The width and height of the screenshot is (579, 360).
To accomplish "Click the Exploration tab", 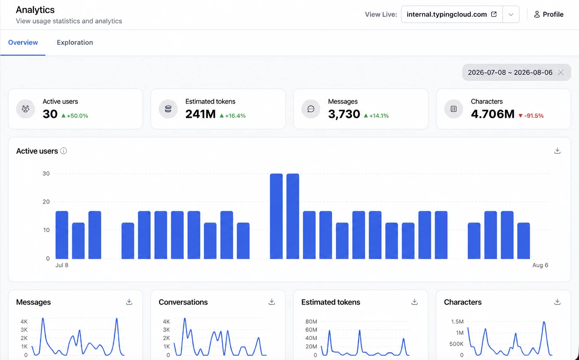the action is [x=75, y=42].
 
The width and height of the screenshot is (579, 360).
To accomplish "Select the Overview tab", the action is [x=23, y=42].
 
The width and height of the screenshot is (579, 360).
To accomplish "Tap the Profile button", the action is [x=549, y=14].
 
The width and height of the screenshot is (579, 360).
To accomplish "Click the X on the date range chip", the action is [x=561, y=72].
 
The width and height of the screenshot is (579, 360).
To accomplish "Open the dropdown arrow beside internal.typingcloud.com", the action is [x=511, y=14].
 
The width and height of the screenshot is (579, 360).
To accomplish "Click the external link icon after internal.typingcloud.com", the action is [x=494, y=14].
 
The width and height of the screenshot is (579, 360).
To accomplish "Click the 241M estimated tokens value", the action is [x=200, y=114].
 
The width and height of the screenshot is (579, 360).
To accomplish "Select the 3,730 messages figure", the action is [x=344, y=114].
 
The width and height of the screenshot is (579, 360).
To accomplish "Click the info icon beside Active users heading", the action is [x=63, y=151].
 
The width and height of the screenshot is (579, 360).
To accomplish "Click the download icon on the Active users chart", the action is [x=557, y=151].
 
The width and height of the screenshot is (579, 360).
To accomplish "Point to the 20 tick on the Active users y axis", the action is [x=46, y=202].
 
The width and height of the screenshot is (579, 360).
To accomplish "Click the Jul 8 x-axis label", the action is [x=62, y=265].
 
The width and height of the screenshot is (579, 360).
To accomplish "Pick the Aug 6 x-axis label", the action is [x=540, y=265].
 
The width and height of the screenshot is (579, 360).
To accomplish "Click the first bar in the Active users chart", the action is [x=62, y=235].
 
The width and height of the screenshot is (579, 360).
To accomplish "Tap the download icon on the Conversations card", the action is [x=272, y=302].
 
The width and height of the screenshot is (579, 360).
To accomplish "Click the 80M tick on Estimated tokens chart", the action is [x=311, y=322].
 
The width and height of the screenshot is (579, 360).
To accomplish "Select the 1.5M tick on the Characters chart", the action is [x=457, y=322].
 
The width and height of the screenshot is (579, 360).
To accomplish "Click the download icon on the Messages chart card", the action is [x=129, y=302].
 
